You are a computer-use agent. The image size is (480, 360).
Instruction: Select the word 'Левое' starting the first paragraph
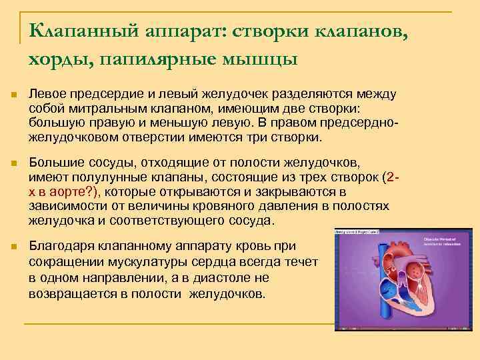(47, 96)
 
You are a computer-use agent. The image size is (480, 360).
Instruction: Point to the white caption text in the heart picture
(444, 242)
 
